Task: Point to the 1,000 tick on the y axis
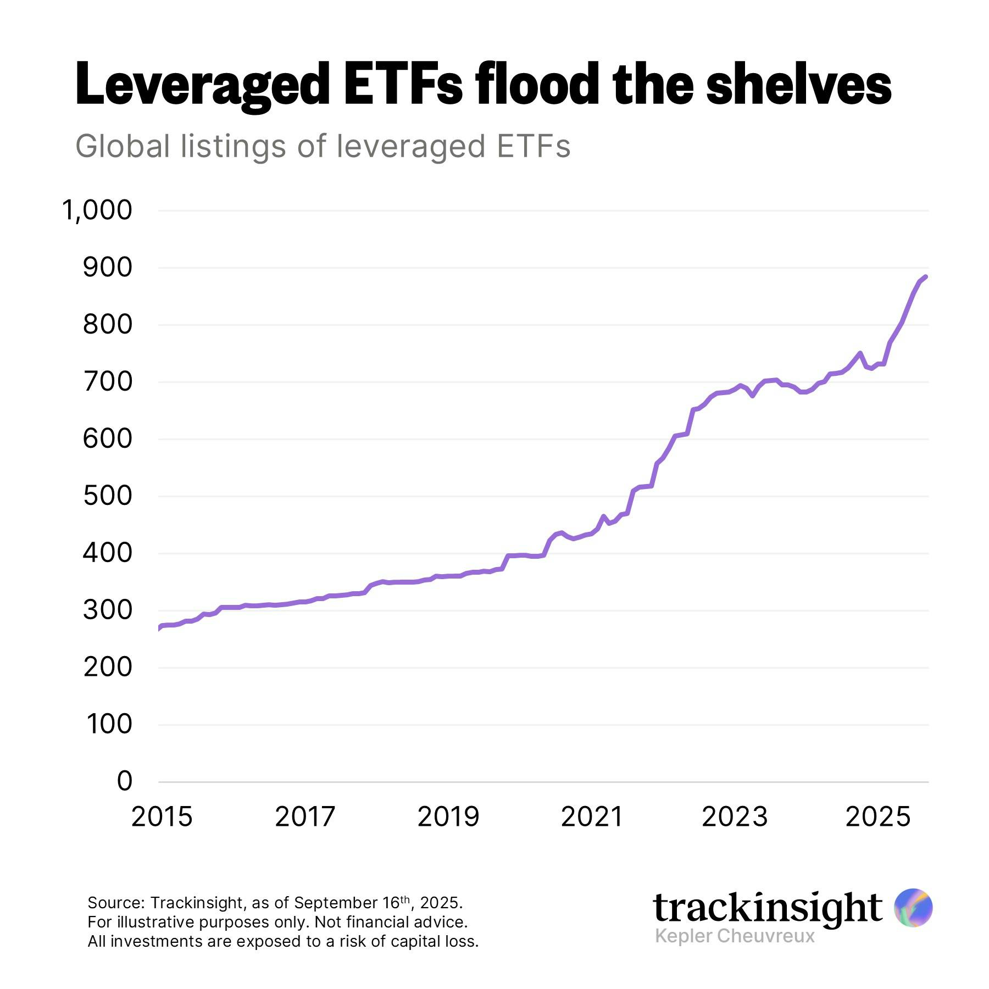click(97, 210)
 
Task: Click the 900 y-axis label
click(108, 268)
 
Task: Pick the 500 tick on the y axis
click(108, 496)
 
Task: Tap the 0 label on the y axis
click(125, 781)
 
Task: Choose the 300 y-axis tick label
click(108, 610)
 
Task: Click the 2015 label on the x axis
click(162, 817)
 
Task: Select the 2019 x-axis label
click(448, 817)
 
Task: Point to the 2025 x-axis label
click(877, 817)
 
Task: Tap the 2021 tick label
click(592, 817)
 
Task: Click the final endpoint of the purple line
click(926, 277)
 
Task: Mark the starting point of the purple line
click(159, 628)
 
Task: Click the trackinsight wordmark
click(768, 908)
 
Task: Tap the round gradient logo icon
click(913, 908)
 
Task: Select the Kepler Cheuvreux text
click(735, 936)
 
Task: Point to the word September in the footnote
click(336, 903)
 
